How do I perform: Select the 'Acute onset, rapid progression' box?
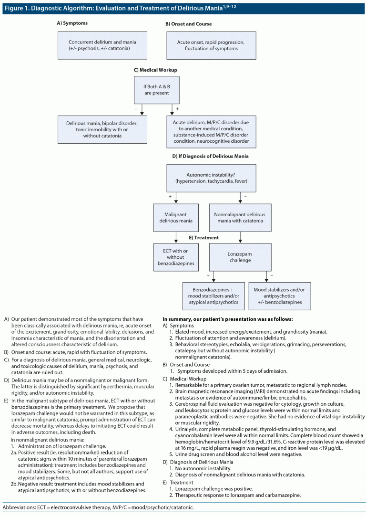pos(211,45)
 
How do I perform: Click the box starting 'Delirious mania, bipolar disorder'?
pos(102,129)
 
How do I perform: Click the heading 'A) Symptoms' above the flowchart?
pos(72,23)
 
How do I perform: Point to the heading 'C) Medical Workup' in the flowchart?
pos(155,70)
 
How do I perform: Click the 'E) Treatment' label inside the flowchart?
pos(204,237)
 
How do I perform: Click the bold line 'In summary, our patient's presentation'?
pos(227,318)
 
